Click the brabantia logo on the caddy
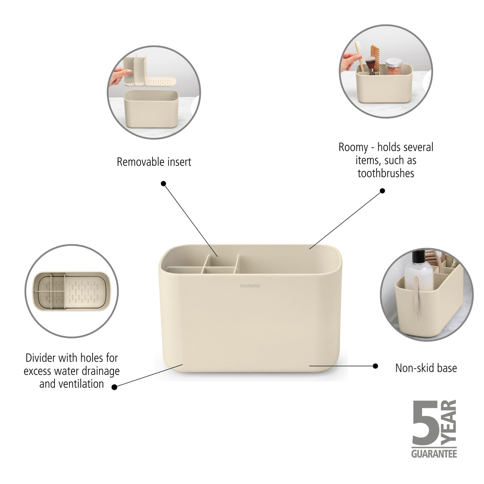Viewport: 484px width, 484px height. [250, 286]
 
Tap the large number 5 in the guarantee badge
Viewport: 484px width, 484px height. [425, 423]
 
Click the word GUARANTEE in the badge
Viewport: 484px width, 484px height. [434, 453]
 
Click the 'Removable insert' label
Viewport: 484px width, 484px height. [154, 162]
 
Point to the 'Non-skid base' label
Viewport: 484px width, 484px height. [426, 368]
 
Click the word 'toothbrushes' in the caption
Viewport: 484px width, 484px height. [386, 173]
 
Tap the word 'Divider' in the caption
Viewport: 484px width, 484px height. [41, 358]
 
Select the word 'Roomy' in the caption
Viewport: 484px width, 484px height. [353, 148]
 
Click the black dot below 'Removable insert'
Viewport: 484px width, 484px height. [164, 184]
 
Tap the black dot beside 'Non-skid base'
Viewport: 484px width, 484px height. [375, 366]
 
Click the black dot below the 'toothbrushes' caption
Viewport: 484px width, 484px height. [382, 191]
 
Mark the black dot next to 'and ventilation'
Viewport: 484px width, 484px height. [114, 387]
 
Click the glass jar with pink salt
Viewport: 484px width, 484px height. [394, 66]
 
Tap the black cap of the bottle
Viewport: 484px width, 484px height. [418, 257]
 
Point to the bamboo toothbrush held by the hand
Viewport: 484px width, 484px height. [359, 56]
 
